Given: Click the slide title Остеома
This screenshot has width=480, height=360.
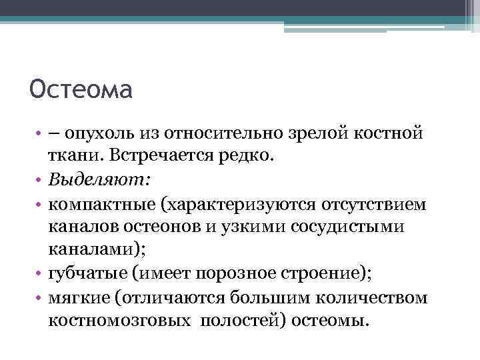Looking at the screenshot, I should coord(81,89).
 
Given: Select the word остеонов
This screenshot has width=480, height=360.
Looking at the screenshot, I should coord(161,227).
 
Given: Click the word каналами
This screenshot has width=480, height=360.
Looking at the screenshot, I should coord(87,251).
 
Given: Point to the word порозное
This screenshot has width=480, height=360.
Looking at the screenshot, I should coord(238,274).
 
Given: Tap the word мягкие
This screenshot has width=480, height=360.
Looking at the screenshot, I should coord(77,298).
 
